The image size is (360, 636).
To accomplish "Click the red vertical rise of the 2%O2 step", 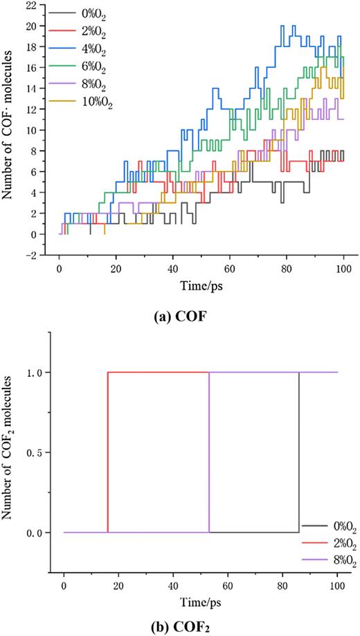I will pos(108,452).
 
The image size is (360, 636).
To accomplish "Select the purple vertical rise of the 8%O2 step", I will pos(209,452).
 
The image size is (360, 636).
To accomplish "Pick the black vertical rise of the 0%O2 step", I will pos(298,452).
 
